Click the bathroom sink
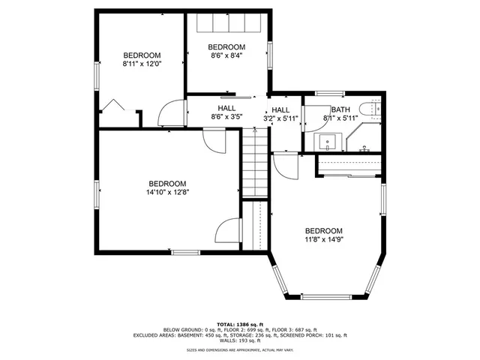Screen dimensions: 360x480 pyautogui.click(x=328, y=140)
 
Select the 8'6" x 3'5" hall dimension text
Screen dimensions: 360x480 pyautogui.click(x=226, y=117)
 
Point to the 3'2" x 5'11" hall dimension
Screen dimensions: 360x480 pyautogui.click(x=280, y=118)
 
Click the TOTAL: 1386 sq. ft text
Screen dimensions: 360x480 pyautogui.click(x=241, y=322)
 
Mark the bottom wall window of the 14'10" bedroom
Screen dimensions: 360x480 pyautogui.click(x=184, y=251)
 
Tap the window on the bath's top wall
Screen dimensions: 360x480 pyautogui.click(x=329, y=94)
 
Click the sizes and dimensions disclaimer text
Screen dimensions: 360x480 pyautogui.click(x=241, y=350)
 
